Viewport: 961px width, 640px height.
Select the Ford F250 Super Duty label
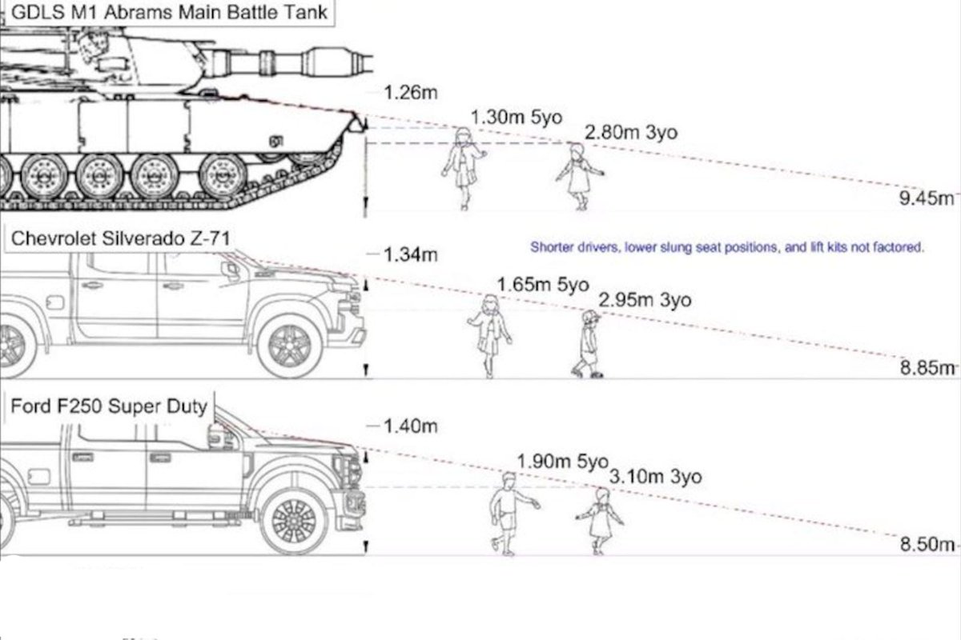(108, 406)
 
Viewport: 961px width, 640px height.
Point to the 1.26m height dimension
(411, 92)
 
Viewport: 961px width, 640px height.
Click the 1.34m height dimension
(411, 255)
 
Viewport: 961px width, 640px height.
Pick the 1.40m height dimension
(411, 426)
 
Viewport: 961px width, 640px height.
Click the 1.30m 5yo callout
(517, 117)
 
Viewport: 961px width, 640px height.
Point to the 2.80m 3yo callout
(630, 132)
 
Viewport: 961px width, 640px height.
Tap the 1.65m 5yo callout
(542, 284)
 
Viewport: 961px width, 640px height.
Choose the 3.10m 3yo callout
(655, 477)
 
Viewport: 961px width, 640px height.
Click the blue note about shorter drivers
(727, 248)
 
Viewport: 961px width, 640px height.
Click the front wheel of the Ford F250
(295, 521)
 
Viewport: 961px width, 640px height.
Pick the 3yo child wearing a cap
(589, 344)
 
